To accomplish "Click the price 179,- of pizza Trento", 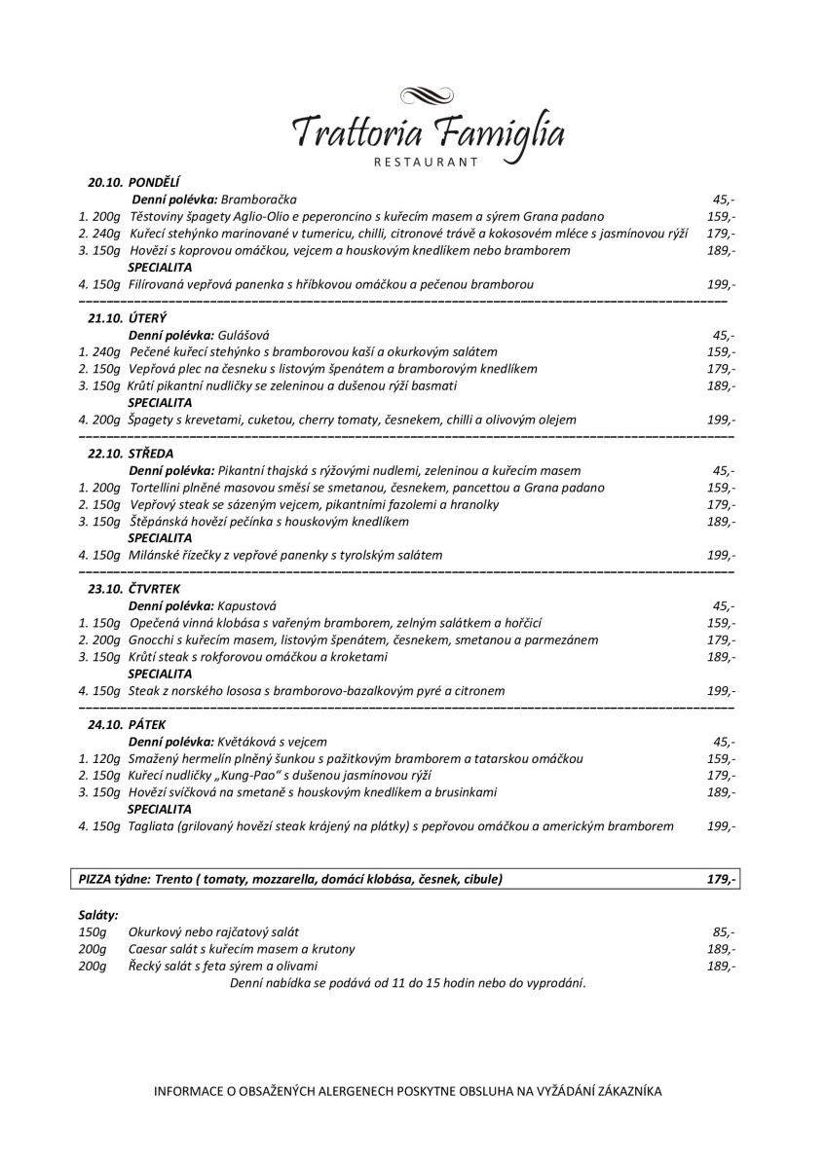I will click(721, 879).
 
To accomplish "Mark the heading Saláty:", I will click(98, 915).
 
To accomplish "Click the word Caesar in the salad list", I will click(148, 949).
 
